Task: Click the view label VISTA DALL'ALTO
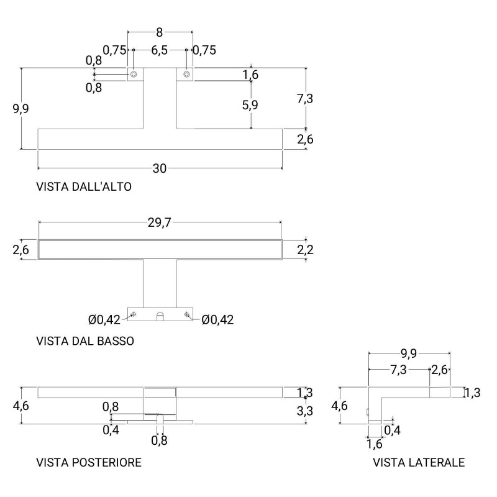point(84,187)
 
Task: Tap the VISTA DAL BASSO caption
point(85,341)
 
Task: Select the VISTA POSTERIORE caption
point(89,462)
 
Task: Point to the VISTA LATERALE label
point(419,462)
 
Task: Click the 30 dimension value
point(160,168)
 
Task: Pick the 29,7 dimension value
point(160,222)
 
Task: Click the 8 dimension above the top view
point(160,32)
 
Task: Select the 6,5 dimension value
point(159,50)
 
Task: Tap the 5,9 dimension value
point(250,105)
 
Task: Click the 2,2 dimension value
point(305,250)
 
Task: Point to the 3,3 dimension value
point(305,411)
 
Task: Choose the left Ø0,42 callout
point(104,319)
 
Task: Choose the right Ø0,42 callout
point(218,319)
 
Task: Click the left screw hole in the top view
point(134,75)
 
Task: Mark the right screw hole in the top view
point(186,75)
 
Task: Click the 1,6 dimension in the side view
point(375,444)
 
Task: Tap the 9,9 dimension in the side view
point(409,353)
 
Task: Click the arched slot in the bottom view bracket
point(160,316)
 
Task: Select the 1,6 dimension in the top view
point(250,75)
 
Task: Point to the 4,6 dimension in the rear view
point(21,406)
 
